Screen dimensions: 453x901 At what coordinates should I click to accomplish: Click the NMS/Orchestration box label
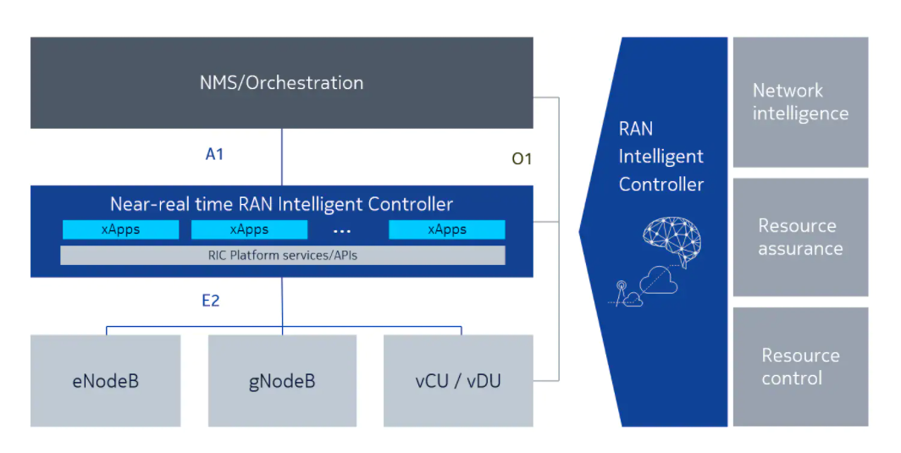coord(281,83)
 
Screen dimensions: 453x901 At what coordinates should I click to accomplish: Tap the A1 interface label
coord(214,154)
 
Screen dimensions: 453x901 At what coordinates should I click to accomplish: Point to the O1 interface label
coord(522,157)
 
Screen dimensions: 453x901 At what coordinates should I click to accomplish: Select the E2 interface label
coord(210,300)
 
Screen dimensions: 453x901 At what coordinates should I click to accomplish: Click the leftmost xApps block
coord(120,229)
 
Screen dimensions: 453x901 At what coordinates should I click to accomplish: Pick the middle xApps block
coord(249,229)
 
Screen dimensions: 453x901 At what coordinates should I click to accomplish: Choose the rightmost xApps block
coord(446,229)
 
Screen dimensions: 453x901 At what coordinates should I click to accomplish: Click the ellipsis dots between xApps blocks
coord(342,230)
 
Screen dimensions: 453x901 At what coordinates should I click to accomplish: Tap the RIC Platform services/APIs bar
coord(283,255)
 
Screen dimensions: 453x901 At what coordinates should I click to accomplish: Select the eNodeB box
coord(106,380)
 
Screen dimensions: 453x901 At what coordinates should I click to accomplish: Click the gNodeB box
coord(282,380)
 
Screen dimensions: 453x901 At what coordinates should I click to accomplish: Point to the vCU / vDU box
coord(458,380)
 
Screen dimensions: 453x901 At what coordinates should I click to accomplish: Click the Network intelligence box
coord(800,102)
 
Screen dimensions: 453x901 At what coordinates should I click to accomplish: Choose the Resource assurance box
coord(800,237)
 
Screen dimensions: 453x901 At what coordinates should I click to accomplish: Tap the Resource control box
coord(800,367)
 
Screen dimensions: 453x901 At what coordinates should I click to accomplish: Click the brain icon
coord(673,241)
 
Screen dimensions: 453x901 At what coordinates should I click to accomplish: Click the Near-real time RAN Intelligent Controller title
coord(281,204)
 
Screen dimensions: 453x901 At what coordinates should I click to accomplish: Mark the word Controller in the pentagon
coord(661,184)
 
